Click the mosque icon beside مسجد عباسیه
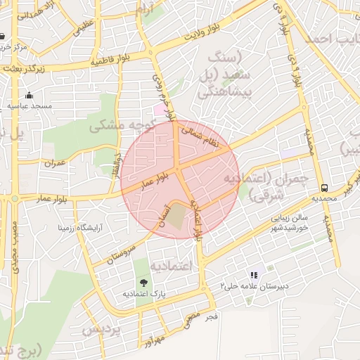29,95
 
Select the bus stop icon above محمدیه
324,188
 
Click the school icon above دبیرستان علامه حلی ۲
254,275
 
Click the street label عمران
54,163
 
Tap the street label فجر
211,318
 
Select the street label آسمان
166,212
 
